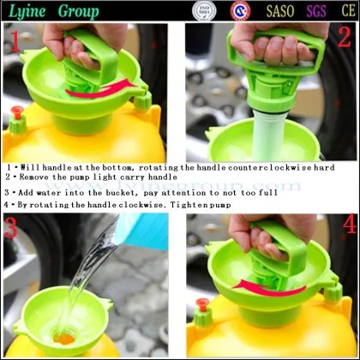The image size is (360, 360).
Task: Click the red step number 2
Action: pyautogui.click(x=343, y=38)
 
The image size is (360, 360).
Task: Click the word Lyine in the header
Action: pyautogui.click(x=27, y=11)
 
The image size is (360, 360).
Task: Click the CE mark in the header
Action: pyautogui.click(x=344, y=11)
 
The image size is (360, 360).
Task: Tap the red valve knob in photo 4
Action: pyautogui.click(x=203, y=303)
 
